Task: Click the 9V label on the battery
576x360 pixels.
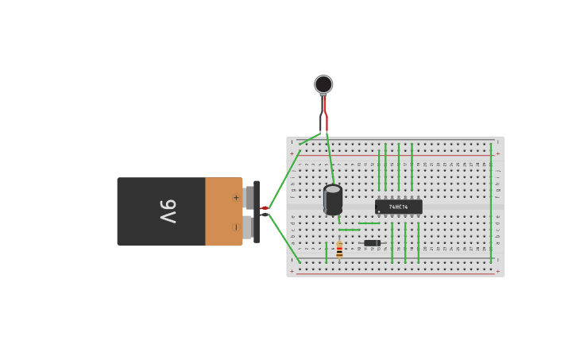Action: click(168, 211)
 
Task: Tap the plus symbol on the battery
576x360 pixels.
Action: click(235, 197)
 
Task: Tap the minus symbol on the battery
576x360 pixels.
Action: click(235, 227)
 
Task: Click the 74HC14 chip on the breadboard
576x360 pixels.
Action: click(398, 207)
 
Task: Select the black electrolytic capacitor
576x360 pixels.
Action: click(333, 199)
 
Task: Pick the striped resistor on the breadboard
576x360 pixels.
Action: click(339, 250)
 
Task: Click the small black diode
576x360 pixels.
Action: click(372, 243)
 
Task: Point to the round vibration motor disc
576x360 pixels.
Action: click(323, 84)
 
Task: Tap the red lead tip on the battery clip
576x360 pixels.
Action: click(265, 208)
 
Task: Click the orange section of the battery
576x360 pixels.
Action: click(222, 211)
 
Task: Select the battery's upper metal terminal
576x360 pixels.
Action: click(249, 196)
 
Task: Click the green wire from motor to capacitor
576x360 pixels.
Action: click(330, 159)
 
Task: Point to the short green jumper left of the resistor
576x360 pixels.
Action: click(326, 253)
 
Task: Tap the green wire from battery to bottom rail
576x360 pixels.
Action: click(284, 238)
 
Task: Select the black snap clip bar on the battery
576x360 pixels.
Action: click(257, 211)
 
